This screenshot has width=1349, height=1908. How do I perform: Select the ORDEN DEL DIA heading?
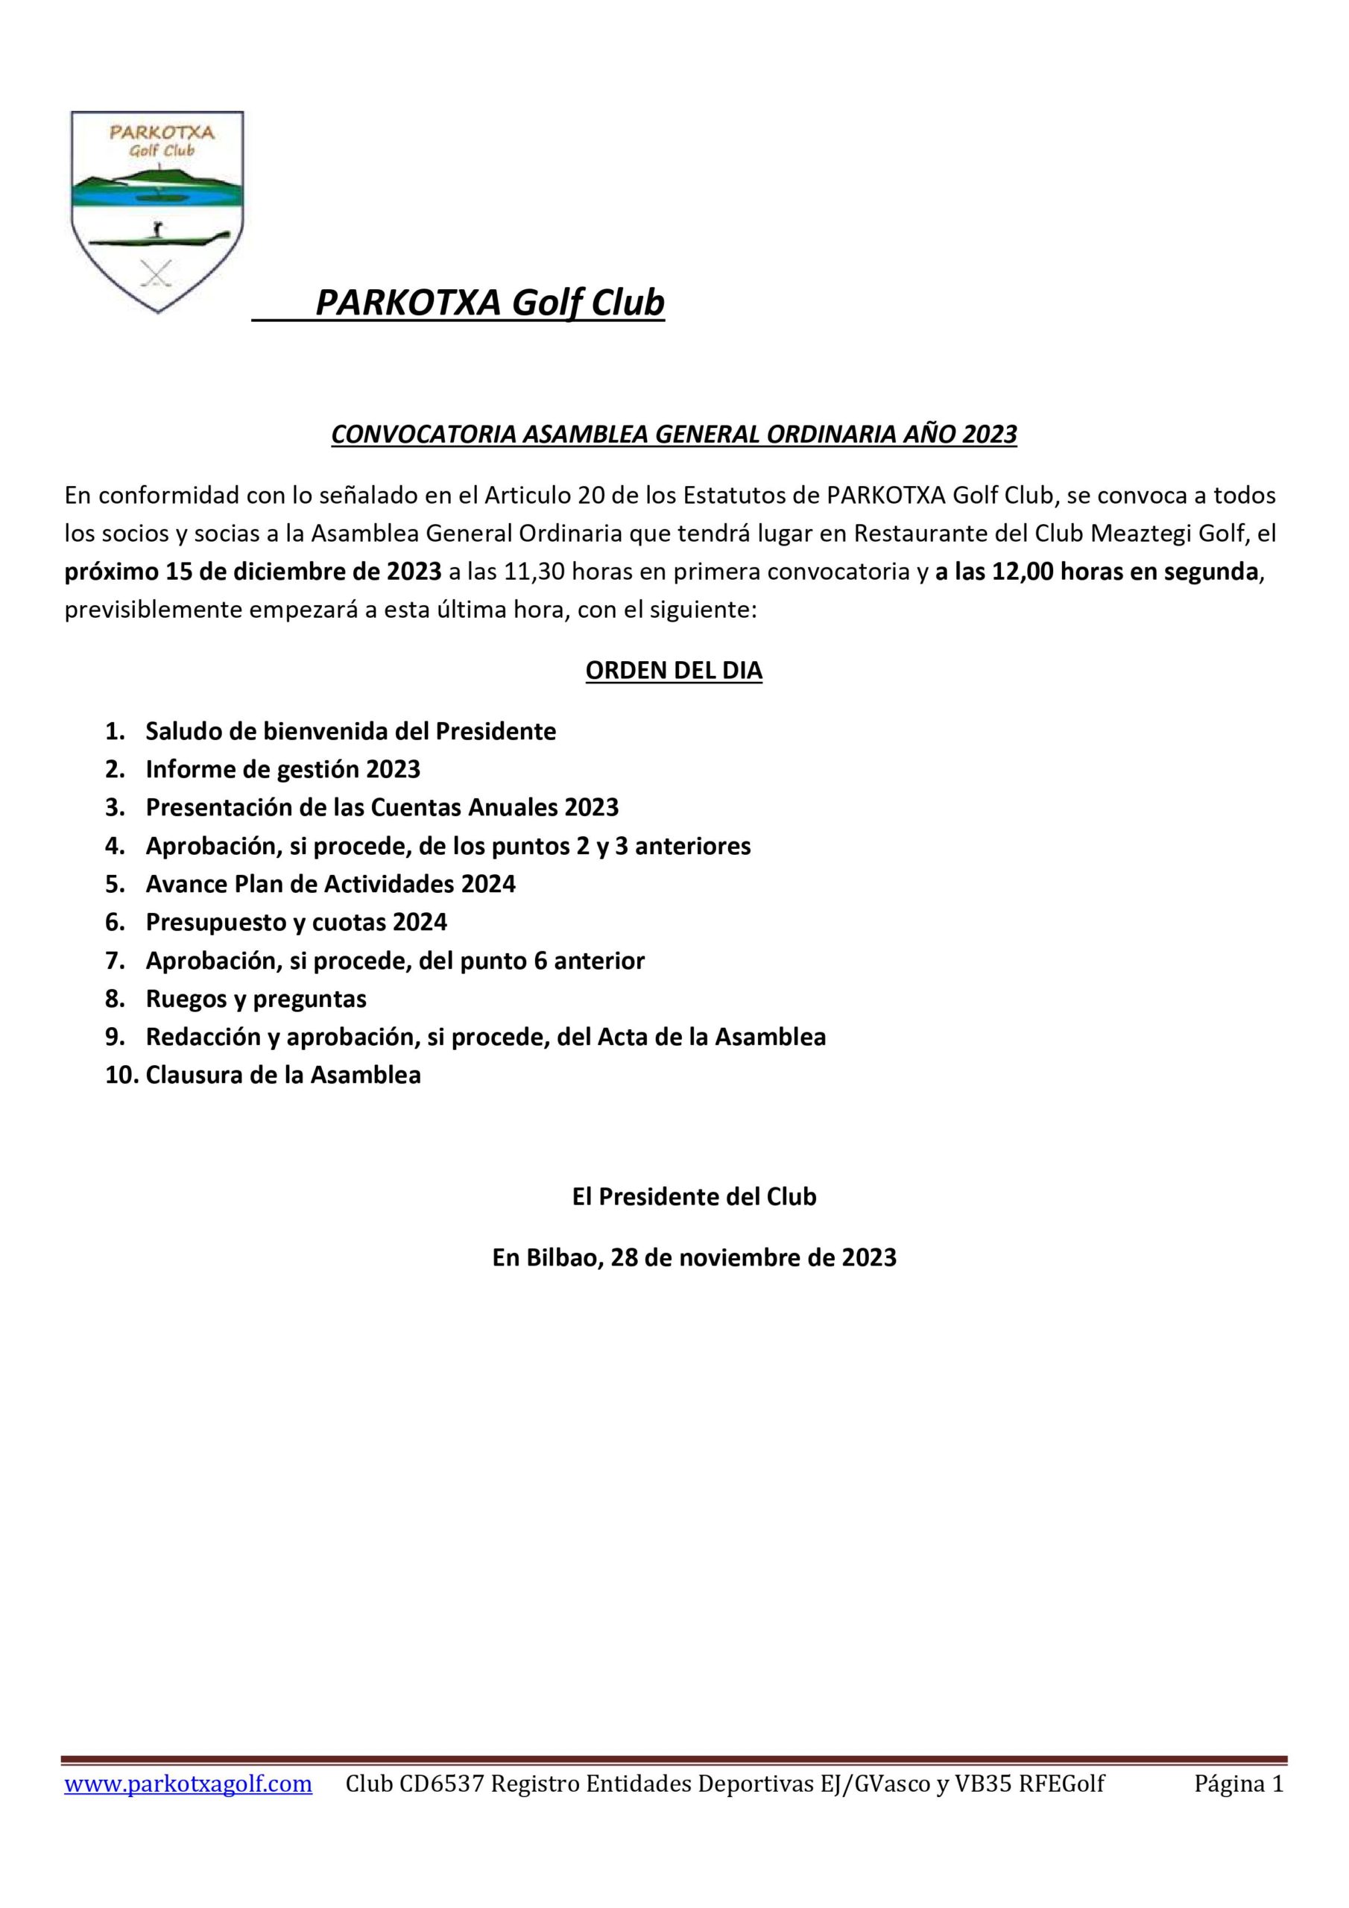(x=673, y=671)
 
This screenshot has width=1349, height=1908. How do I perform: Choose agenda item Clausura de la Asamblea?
(x=282, y=1075)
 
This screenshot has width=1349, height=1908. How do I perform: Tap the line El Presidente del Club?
(x=694, y=1197)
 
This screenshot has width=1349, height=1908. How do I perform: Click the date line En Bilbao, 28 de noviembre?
(x=694, y=1257)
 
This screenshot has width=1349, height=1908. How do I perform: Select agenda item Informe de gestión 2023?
(x=282, y=768)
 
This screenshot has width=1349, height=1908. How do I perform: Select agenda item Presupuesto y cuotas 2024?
(x=296, y=922)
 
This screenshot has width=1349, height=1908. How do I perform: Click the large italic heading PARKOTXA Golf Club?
(x=490, y=303)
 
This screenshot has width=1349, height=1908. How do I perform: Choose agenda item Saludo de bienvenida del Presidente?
(x=351, y=731)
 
